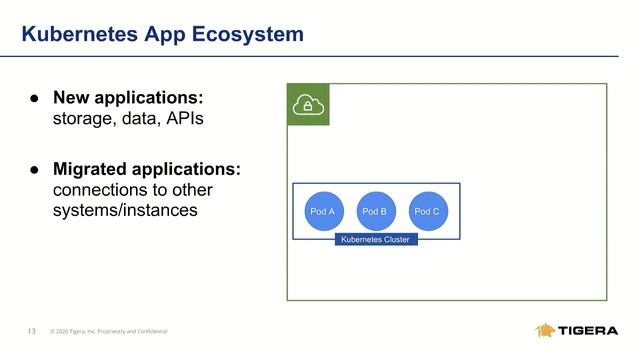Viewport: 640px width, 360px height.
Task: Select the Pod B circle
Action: pos(375,211)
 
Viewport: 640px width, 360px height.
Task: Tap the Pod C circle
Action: pos(427,211)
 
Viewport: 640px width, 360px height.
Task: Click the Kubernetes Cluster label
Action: pos(375,240)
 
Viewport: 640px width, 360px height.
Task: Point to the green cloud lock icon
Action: pos(308,104)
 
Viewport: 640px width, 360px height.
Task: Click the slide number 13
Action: pos(32,331)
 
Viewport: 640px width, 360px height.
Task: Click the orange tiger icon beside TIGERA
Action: pos(546,331)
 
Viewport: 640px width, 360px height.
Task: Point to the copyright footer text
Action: pos(109,331)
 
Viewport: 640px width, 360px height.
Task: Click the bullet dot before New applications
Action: pos(32,99)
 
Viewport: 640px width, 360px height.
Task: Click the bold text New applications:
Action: pos(128,98)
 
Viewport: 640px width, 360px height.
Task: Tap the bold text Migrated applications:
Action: pos(146,169)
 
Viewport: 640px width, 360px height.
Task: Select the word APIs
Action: pos(188,120)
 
